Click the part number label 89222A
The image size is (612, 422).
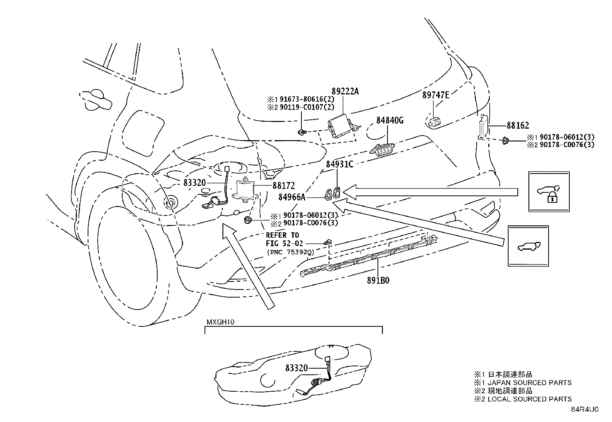[345, 91]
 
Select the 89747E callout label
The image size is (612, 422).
[436, 95]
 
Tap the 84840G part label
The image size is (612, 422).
[390, 120]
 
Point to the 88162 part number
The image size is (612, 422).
[518, 125]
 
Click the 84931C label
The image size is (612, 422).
[339, 164]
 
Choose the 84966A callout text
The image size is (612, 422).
[292, 197]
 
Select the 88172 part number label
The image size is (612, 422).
[284, 185]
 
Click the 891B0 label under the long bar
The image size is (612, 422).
[378, 280]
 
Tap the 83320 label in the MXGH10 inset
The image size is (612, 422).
[296, 368]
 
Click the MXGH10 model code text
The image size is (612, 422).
[221, 322]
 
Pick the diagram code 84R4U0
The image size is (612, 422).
[585, 409]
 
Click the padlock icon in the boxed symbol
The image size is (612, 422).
[552, 198]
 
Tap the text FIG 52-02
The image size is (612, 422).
[284, 243]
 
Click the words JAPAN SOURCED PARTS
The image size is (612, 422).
[529, 383]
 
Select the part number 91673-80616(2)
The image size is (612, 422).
[306, 99]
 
